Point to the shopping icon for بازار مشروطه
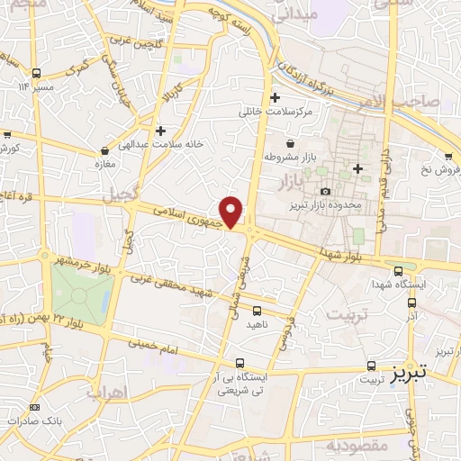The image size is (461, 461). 290,142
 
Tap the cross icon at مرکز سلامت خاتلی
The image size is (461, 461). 275,97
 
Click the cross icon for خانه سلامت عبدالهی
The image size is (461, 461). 160,130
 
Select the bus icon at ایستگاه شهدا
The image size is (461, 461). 399,269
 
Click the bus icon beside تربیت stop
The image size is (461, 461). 372,366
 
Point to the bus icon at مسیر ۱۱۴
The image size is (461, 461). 36,74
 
